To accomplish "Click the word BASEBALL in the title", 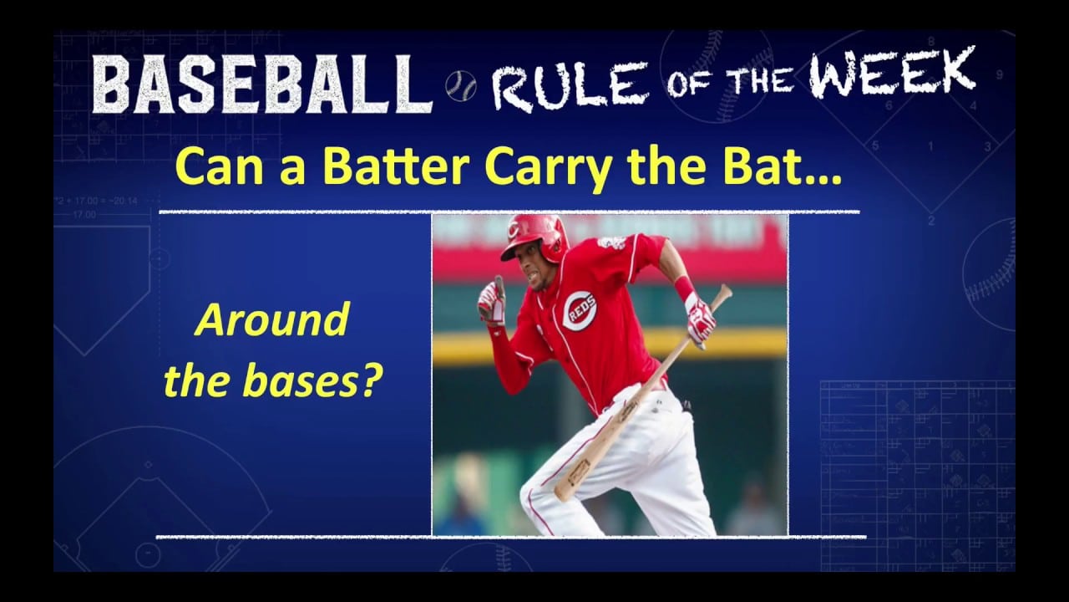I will click(x=261, y=84).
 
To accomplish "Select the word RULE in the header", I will click(x=569, y=84).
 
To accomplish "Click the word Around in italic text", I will click(x=272, y=321).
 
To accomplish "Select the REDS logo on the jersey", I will click(x=579, y=310).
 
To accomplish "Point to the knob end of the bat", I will click(x=723, y=292).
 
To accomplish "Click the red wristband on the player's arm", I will click(x=685, y=288).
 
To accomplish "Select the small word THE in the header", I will click(x=752, y=79).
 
